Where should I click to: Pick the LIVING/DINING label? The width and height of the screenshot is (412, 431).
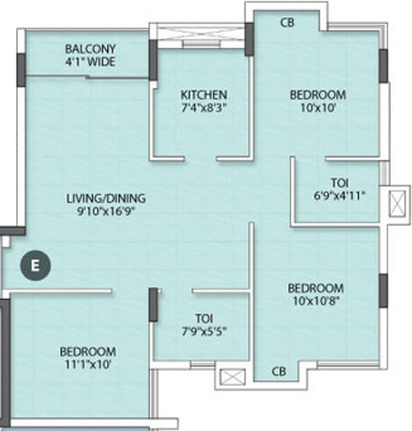click(107, 198)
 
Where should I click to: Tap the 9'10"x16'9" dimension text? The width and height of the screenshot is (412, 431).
click(107, 212)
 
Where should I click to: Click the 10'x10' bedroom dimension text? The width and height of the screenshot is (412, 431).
click(317, 109)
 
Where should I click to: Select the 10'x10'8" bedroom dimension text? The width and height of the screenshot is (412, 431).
click(315, 302)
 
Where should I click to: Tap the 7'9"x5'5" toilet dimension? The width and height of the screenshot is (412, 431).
click(200, 331)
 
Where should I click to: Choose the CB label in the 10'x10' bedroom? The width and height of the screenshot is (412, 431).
click(288, 22)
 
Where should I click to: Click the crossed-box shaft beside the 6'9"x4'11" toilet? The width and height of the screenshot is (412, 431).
click(398, 202)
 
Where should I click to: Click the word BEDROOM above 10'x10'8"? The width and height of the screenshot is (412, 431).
click(315, 288)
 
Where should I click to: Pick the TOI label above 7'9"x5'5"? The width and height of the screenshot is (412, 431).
click(200, 317)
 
